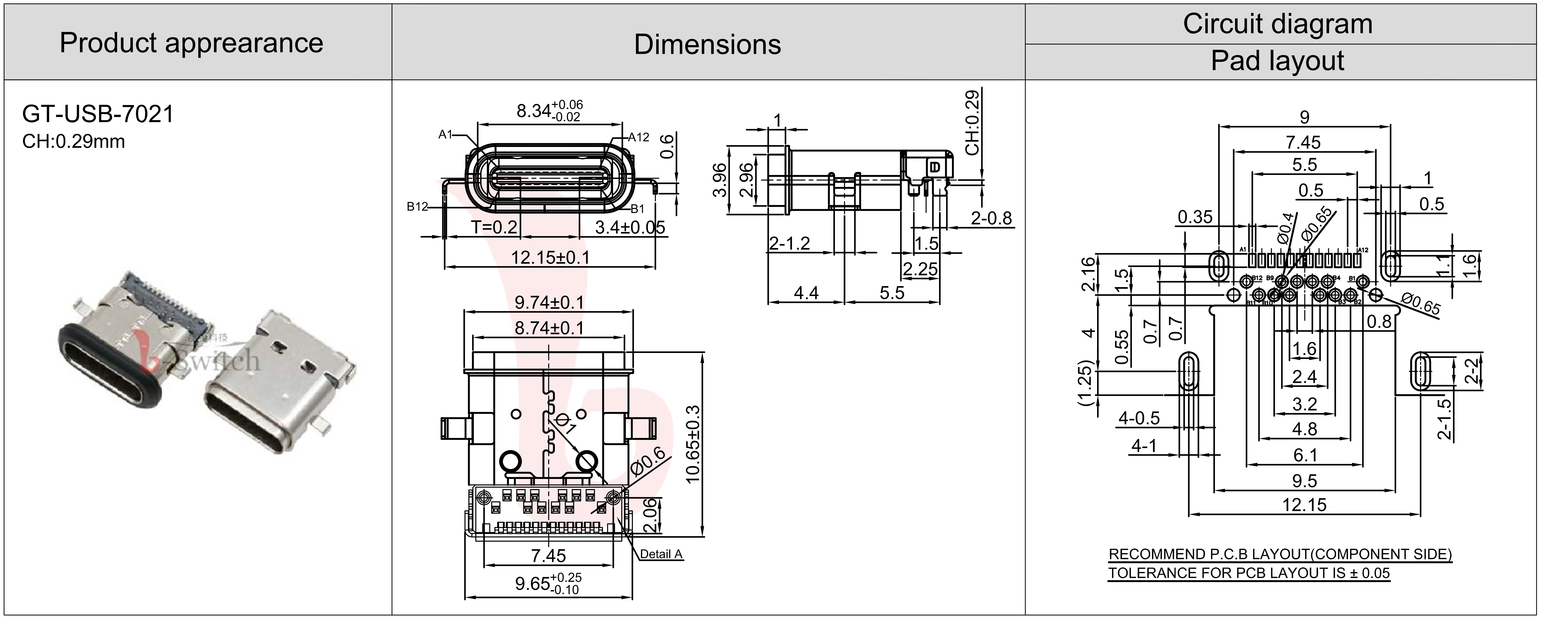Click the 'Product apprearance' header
click(x=192, y=43)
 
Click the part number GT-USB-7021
click(x=98, y=114)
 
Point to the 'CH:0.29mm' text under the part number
click(x=74, y=142)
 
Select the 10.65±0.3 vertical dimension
click(x=693, y=443)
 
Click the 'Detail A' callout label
click(x=661, y=554)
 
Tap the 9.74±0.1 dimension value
click(x=549, y=302)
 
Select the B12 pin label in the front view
click(x=418, y=207)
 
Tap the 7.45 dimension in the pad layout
click(x=1304, y=142)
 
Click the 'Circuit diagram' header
click(x=1277, y=24)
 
